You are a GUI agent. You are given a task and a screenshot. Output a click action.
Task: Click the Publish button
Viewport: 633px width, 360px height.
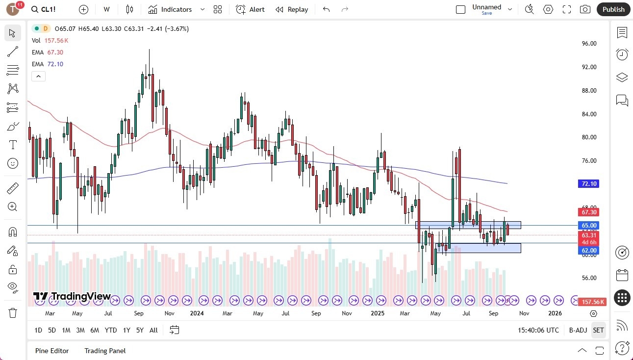[x=613, y=9]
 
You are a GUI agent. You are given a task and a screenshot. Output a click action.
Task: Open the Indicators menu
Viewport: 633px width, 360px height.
[x=170, y=9]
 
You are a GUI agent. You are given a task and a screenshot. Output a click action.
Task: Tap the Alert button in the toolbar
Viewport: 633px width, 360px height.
[x=250, y=9]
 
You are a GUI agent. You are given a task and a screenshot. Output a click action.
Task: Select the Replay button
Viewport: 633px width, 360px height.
[x=292, y=9]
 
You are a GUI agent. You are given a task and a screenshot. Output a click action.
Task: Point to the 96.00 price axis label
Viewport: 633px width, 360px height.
[x=589, y=44]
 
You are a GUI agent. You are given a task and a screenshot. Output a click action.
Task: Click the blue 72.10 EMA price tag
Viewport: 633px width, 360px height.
[x=589, y=184]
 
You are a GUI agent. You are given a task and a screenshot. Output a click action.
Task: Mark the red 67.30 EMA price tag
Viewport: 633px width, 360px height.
[x=589, y=212]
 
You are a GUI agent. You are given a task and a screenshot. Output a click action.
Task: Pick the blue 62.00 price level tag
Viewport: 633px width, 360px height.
[x=589, y=250]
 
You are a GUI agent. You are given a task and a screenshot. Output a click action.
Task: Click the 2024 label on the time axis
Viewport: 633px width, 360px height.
[x=197, y=313]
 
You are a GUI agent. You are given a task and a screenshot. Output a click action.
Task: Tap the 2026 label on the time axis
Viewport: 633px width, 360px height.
[x=555, y=313]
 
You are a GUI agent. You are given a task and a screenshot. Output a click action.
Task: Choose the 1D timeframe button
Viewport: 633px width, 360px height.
[x=38, y=330]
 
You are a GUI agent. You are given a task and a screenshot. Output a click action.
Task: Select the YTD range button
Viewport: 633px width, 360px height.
[x=111, y=330]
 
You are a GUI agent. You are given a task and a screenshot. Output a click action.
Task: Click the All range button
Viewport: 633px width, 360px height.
[x=153, y=330]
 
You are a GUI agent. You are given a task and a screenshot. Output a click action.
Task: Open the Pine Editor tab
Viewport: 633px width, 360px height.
[x=52, y=351]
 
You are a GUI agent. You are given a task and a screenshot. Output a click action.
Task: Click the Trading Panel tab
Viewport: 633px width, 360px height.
[x=105, y=351]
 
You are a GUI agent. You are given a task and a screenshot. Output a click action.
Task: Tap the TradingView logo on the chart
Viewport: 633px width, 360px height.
[x=72, y=296]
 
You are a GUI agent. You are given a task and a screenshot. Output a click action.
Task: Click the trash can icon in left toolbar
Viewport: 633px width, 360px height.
[x=13, y=312]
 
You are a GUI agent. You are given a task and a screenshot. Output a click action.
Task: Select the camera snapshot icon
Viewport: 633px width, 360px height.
[x=585, y=9]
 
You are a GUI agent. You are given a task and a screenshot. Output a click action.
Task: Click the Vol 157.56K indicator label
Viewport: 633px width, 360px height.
[x=50, y=41]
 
